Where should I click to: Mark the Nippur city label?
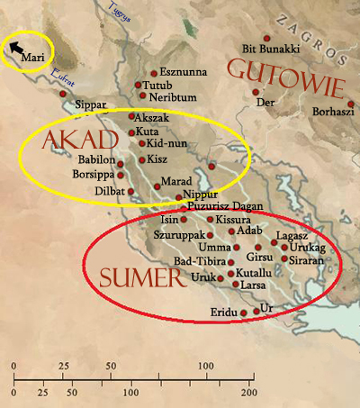pos(200,195)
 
